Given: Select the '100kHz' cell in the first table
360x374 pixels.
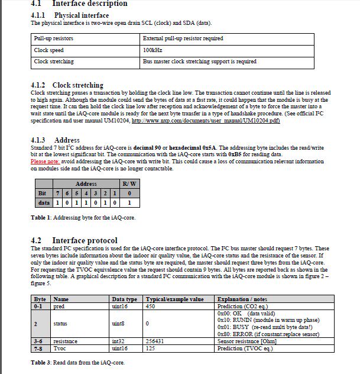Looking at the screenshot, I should click(153, 50).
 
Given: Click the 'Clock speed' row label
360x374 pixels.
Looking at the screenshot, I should click(49, 50).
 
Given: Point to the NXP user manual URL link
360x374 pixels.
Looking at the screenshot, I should click(206, 121).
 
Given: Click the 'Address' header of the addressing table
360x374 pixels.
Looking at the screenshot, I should click(86, 184).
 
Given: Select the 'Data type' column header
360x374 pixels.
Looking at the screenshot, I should click(124, 299).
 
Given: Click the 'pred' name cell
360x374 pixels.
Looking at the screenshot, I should click(59, 307).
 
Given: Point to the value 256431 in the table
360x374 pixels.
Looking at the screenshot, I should click(155, 341).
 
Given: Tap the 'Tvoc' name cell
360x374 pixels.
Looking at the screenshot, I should click(60, 348).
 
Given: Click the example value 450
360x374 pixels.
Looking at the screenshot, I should click(150, 307).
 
